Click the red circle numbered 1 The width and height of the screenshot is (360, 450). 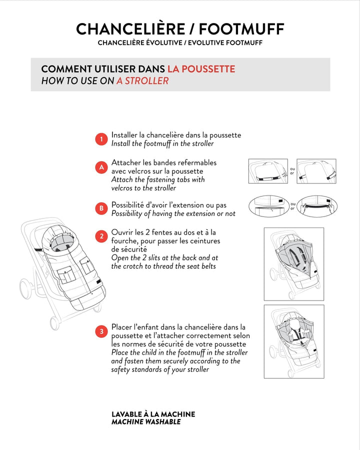pyautogui.click(x=101, y=139)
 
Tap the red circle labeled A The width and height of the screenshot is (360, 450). pyautogui.click(x=101, y=167)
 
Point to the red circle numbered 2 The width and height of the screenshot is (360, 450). pyautogui.click(x=101, y=236)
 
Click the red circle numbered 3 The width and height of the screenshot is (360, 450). pyautogui.click(x=101, y=331)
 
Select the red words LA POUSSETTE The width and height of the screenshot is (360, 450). pyautogui.click(x=201, y=69)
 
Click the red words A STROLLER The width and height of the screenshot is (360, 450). pyautogui.click(x=142, y=80)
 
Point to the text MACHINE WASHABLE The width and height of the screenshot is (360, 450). pyautogui.click(x=146, y=422)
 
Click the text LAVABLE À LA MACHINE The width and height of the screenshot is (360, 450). pyautogui.click(x=153, y=414)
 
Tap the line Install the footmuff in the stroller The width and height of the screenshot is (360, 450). pyautogui.click(x=162, y=143)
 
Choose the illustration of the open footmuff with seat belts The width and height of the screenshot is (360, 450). pyautogui.click(x=293, y=263)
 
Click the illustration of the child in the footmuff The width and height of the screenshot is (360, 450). pyautogui.click(x=293, y=341)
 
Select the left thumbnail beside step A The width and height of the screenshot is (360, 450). pyautogui.click(x=267, y=171)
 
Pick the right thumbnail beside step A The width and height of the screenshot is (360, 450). pyautogui.click(x=316, y=171)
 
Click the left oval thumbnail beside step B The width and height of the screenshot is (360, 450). pyautogui.click(x=268, y=206)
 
